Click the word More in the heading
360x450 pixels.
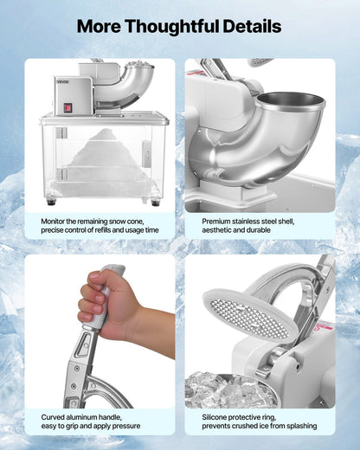101,27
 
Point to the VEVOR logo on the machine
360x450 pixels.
64,82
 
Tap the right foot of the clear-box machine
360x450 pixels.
155,202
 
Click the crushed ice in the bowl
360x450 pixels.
221,390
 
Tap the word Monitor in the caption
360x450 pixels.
56,222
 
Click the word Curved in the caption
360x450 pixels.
55,416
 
